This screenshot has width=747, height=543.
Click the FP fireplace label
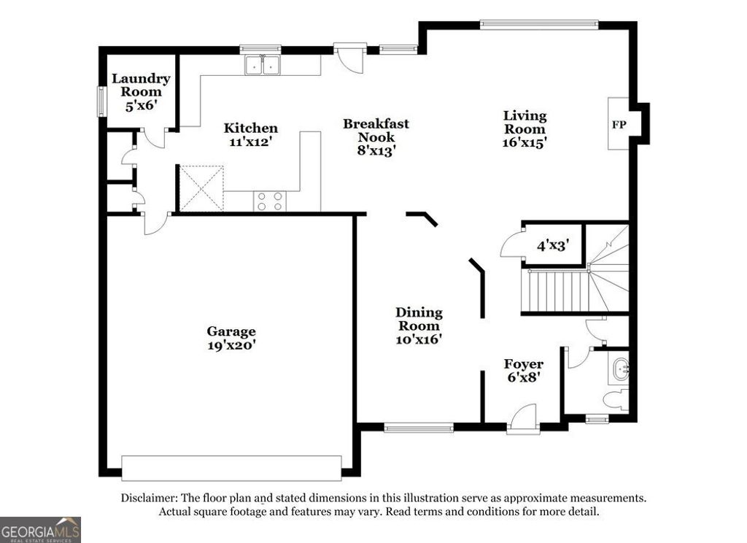tap(619, 125)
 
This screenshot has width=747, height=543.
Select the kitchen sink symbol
tap(263, 65)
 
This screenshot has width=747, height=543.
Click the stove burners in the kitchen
tap(268, 201)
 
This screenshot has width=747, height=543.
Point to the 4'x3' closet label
tap(553, 246)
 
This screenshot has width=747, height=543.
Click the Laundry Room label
tap(141, 85)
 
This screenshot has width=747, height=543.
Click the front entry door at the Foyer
tap(523, 422)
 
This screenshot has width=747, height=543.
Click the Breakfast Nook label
tap(376, 130)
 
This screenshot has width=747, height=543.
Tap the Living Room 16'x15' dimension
tap(525, 143)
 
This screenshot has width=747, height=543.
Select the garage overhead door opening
tap(231, 467)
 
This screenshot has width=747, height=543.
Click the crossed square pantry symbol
tap(201, 188)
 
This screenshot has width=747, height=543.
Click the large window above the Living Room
tap(538, 24)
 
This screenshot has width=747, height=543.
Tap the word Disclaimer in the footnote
tap(149, 498)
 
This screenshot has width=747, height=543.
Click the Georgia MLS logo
tap(40, 530)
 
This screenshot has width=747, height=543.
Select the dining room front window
tap(419, 428)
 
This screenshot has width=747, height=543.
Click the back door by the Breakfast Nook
tap(349, 57)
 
